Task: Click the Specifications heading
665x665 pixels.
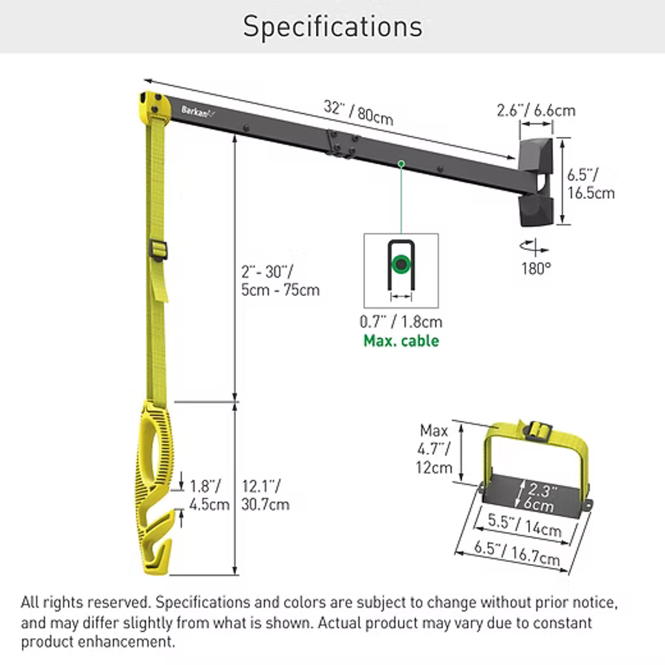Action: (x=332, y=27)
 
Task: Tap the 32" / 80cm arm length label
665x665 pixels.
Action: (x=358, y=112)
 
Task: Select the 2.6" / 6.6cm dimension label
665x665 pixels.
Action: (x=536, y=110)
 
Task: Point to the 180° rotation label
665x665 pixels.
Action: (x=536, y=269)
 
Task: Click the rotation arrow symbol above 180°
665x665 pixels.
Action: (x=535, y=247)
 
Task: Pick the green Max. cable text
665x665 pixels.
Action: (x=401, y=340)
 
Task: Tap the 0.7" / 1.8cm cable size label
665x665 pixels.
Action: (x=401, y=322)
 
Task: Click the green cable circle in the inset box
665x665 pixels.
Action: (x=401, y=264)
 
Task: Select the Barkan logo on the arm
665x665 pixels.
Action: (x=198, y=112)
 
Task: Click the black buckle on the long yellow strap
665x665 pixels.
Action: (x=158, y=250)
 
